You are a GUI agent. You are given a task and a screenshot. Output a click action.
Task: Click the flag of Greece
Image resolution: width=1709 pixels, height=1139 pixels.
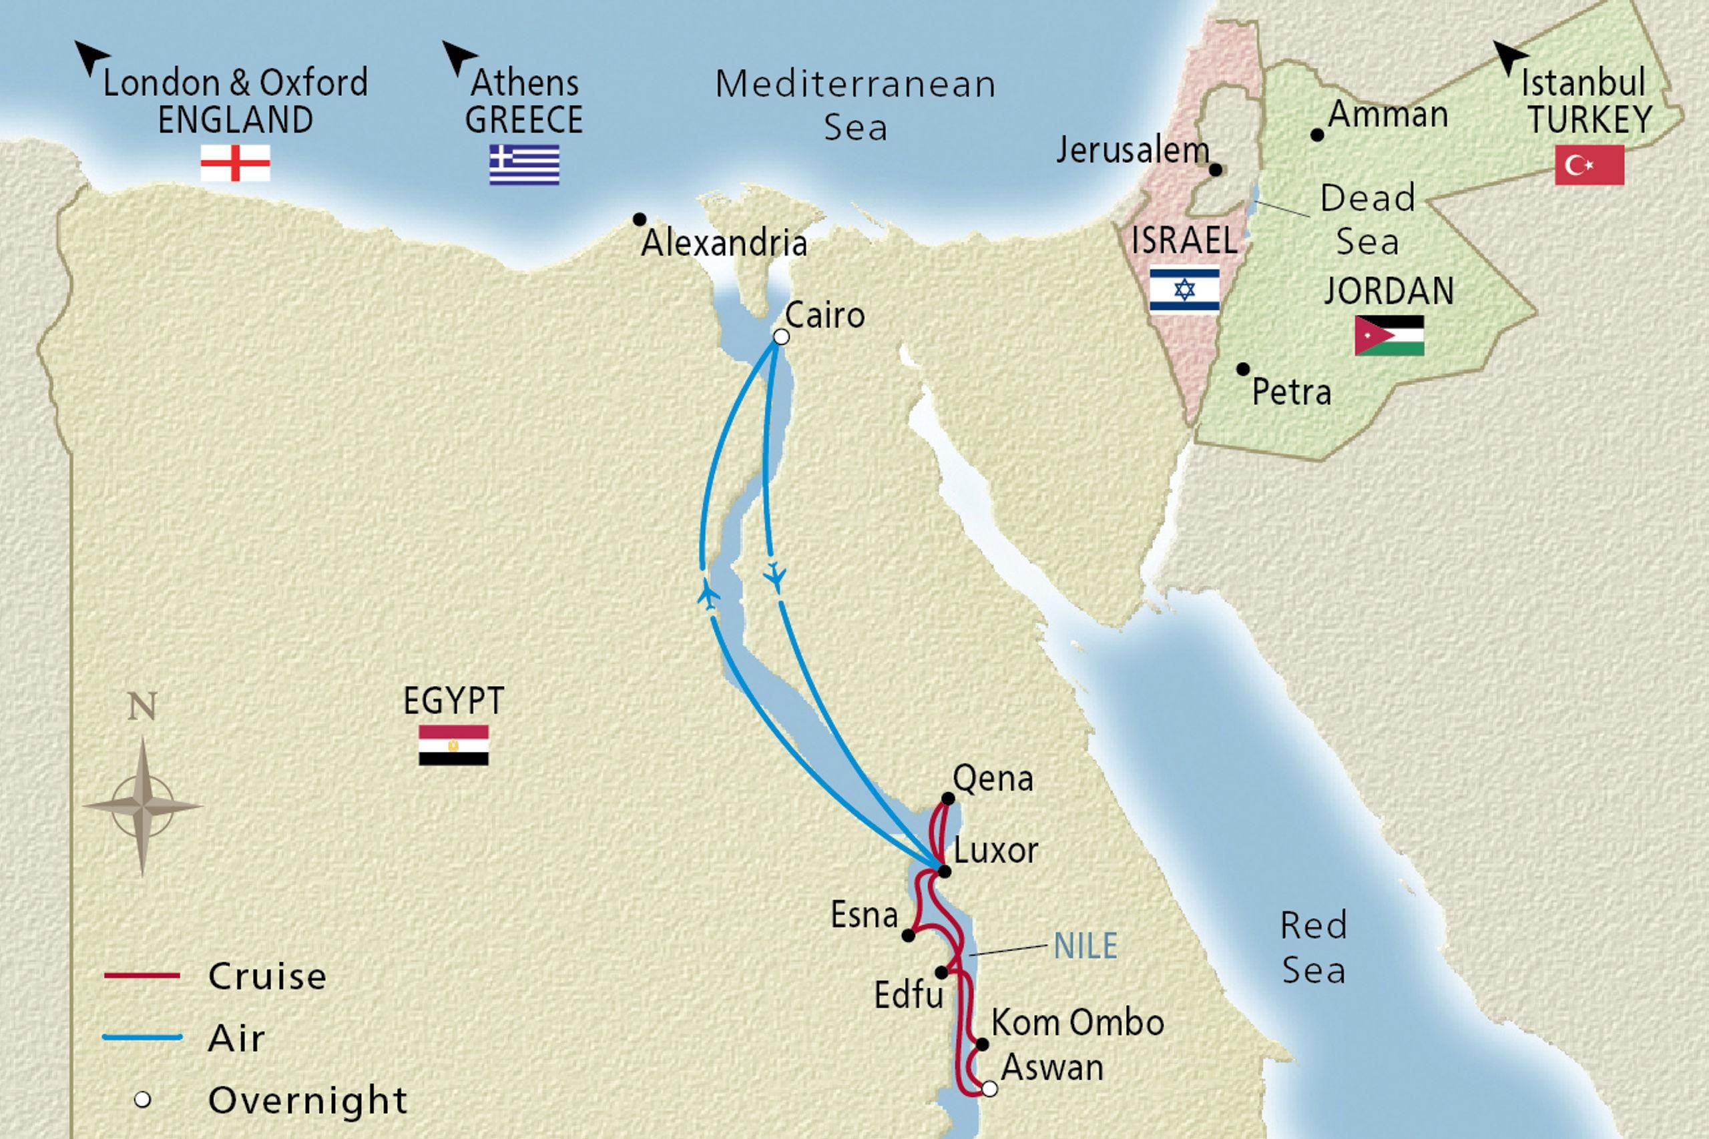pyautogui.click(x=524, y=164)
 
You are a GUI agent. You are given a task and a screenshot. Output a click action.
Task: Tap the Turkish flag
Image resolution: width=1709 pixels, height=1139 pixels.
pyautogui.click(x=1589, y=164)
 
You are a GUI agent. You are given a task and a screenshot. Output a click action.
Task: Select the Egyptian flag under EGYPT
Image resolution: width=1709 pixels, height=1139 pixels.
pyautogui.click(x=453, y=745)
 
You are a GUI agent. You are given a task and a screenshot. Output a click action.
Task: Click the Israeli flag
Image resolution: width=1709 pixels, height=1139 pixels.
pyautogui.click(x=1184, y=290)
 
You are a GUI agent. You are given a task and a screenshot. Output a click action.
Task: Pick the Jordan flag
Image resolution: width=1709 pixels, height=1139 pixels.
pyautogui.click(x=1389, y=335)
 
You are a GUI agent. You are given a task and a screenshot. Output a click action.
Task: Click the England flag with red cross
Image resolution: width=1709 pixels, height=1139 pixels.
pyautogui.click(x=236, y=163)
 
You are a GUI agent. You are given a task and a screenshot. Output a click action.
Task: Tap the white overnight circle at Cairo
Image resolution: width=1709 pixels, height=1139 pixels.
pyautogui.click(x=781, y=337)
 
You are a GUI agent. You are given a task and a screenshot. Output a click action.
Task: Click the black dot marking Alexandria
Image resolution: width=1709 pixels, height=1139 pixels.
pyautogui.click(x=640, y=220)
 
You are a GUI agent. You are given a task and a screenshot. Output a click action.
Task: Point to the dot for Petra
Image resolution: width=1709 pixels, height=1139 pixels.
pyautogui.click(x=1243, y=369)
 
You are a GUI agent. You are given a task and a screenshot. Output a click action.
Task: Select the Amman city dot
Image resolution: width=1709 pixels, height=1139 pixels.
pyautogui.click(x=1316, y=135)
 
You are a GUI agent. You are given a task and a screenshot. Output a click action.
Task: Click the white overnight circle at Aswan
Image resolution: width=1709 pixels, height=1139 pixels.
pyautogui.click(x=989, y=1089)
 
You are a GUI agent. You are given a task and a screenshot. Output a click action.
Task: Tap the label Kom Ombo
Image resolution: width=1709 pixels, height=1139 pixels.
pyautogui.click(x=1077, y=1023)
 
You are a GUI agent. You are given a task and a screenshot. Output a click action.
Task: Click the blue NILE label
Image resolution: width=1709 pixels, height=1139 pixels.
pyautogui.click(x=1085, y=945)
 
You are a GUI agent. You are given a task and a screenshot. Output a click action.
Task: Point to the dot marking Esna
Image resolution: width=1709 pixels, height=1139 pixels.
pyautogui.click(x=909, y=935)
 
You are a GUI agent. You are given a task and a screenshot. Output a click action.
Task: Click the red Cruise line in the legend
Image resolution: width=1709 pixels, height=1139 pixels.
pyautogui.click(x=142, y=976)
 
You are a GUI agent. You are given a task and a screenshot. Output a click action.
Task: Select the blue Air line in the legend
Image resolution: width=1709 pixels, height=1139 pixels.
pyautogui.click(x=142, y=1038)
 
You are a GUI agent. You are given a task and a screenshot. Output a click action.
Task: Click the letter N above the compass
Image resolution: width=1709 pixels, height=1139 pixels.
pyautogui.click(x=142, y=706)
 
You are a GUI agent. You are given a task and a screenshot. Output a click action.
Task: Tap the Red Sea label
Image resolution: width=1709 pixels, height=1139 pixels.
pyautogui.click(x=1313, y=948)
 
